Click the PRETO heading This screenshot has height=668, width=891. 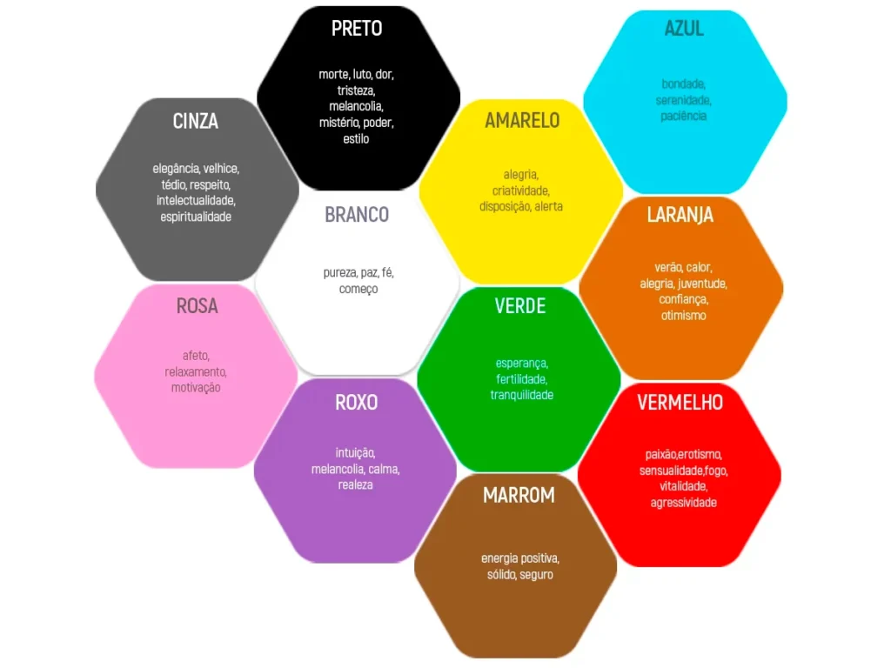pyautogui.click(x=357, y=29)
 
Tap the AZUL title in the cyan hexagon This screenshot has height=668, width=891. pyautogui.click(x=684, y=29)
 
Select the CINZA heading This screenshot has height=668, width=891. pyautogui.click(x=196, y=121)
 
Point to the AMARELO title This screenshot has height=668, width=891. pyautogui.click(x=522, y=120)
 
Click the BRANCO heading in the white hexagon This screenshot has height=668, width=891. pyautogui.click(x=357, y=215)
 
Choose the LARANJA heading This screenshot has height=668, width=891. pyautogui.click(x=680, y=215)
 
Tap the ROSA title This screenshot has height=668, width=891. pyautogui.click(x=198, y=306)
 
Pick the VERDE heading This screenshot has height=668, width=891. pyautogui.click(x=520, y=306)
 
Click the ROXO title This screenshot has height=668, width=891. pyautogui.click(x=356, y=403)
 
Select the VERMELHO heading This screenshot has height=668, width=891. pyautogui.click(x=680, y=403)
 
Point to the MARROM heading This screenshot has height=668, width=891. pyautogui.click(x=519, y=495)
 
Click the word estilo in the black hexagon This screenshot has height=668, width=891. pyautogui.click(x=356, y=138)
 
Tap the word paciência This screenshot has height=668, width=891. pyautogui.click(x=684, y=116)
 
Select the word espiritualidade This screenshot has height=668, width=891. pyautogui.click(x=196, y=217)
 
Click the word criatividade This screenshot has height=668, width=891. pyautogui.click(x=521, y=190)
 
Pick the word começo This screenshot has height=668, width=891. pyautogui.click(x=358, y=289)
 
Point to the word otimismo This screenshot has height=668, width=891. pyautogui.click(x=684, y=315)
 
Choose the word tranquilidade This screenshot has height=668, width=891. pyautogui.click(x=522, y=395)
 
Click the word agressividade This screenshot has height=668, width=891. pyautogui.click(x=684, y=503)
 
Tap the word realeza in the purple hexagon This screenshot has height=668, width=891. pyautogui.click(x=356, y=485)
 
